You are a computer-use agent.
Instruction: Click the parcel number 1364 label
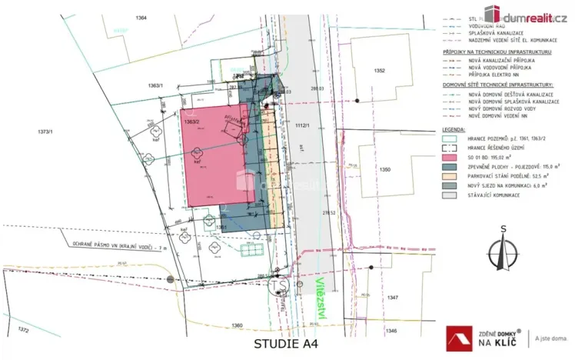click(x=139, y=16)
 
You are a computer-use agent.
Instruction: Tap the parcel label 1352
click(x=379, y=70)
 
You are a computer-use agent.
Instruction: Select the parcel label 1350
click(x=385, y=168)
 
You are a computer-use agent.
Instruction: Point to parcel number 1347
click(x=393, y=296)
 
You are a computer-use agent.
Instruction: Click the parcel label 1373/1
click(x=46, y=132)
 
